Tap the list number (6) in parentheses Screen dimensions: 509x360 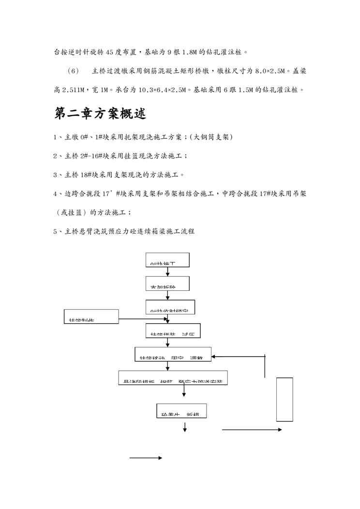pyautogui.click(x=74, y=71)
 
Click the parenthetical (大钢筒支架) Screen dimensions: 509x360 pyautogui.click(x=211, y=137)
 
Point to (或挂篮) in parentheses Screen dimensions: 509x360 pyautogui.click(x=73, y=212)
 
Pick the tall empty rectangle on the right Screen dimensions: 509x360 pyautogui.click(x=285, y=400)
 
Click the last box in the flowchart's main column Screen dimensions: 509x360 pyautogui.click(x=181, y=411)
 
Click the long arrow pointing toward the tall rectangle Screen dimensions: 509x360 pyautogui.click(x=252, y=430)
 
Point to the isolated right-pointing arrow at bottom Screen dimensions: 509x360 pyautogui.click(x=145, y=457)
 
